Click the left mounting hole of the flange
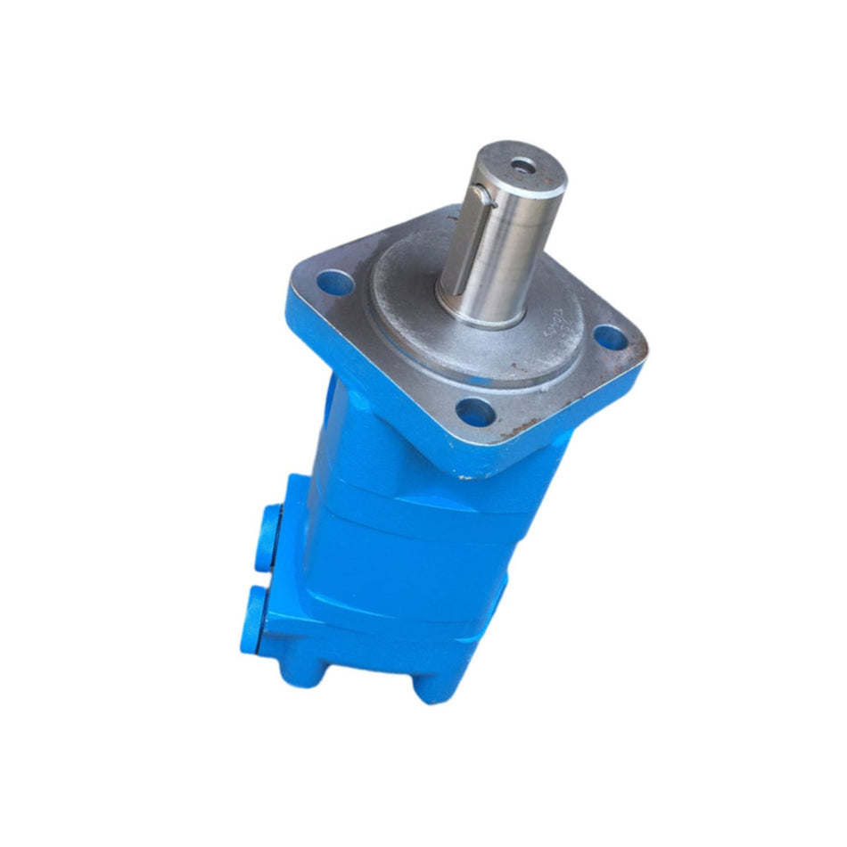coord(334,284)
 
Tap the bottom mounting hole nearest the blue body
coord(474,412)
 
